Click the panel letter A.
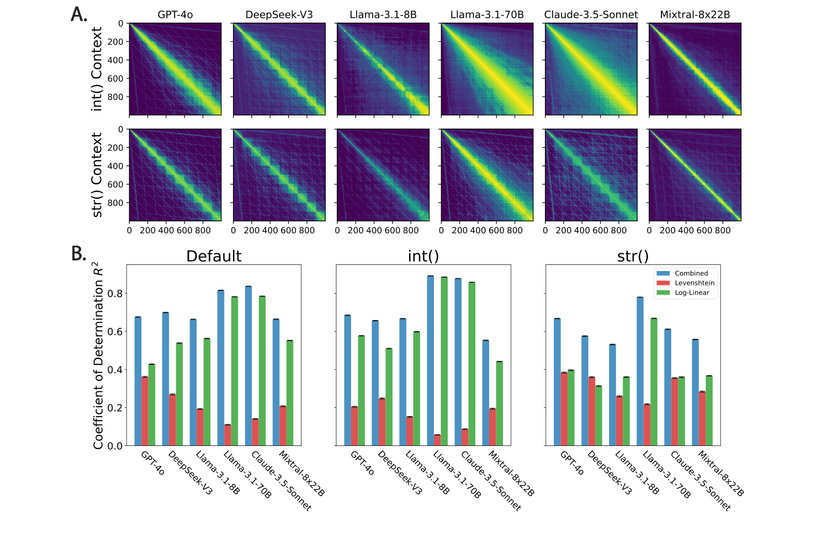(x=79, y=14)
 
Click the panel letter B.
(x=79, y=253)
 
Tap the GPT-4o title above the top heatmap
(x=175, y=15)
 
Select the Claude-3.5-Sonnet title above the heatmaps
(x=591, y=15)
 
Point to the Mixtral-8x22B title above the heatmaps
(x=695, y=15)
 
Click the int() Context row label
(x=97, y=69)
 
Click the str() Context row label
(x=97, y=175)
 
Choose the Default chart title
(x=214, y=257)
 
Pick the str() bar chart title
(x=633, y=257)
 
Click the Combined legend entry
(x=691, y=273)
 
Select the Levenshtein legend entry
(x=694, y=283)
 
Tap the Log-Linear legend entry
(x=691, y=293)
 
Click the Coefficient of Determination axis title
(x=98, y=356)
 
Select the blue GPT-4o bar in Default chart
(x=138, y=381)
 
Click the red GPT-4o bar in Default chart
(x=145, y=411)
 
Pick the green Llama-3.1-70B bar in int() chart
(x=444, y=362)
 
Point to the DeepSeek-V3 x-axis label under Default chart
(x=190, y=472)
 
